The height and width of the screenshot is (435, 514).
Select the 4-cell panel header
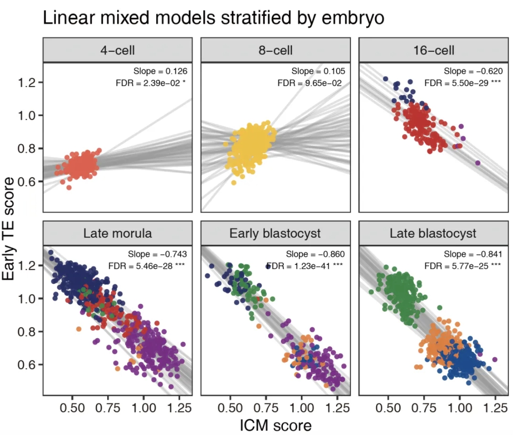coord(117,50)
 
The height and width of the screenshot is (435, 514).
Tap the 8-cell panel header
coord(275,50)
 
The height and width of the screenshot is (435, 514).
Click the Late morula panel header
coord(117,234)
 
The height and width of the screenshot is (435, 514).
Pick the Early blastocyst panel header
coord(275,234)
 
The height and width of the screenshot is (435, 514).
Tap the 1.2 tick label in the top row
coord(28,82)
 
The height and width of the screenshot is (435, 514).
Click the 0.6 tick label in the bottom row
coord(28,365)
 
